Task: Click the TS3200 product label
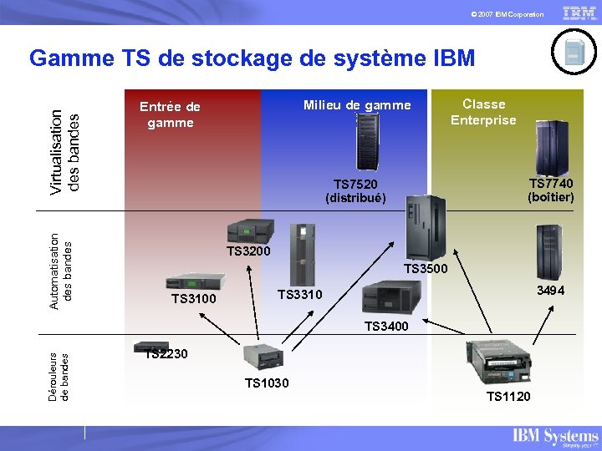coord(249,251)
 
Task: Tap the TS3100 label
coord(193,299)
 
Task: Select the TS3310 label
coord(299,294)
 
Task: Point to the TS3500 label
coord(426,269)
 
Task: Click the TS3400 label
coord(386,327)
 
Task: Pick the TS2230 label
coord(166,354)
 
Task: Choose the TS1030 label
coord(267,383)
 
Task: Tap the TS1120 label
coord(508,396)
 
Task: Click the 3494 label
coord(550,291)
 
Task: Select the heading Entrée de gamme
coord(170,114)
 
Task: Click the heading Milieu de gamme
coord(357,105)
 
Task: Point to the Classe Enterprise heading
coord(483,112)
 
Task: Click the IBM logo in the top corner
coord(579,13)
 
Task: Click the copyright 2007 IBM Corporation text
coord(507,15)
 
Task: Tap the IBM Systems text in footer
coord(555,436)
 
